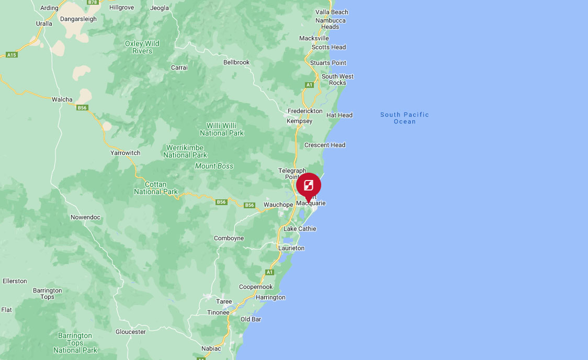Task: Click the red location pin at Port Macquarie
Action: coord(309,186)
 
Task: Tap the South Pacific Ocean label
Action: coord(404,118)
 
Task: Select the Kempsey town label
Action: coord(299,121)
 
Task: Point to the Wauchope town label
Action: coord(278,204)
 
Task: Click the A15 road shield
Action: coord(12,54)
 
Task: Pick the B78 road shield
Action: coord(93,2)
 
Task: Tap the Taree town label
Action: coord(224,301)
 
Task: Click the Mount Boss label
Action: coord(214,166)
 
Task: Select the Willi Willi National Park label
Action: coord(222,129)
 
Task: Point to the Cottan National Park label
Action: coord(155,188)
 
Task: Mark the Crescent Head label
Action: coord(324,145)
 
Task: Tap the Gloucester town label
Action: coord(131,332)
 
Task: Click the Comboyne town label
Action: coord(229,238)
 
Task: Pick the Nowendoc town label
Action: coord(85,217)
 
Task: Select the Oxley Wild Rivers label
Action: coord(142,47)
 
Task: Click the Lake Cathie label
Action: coord(300,229)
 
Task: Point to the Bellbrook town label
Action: coord(236,62)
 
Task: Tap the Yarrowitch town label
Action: coord(125,153)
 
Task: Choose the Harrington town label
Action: coord(270,297)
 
